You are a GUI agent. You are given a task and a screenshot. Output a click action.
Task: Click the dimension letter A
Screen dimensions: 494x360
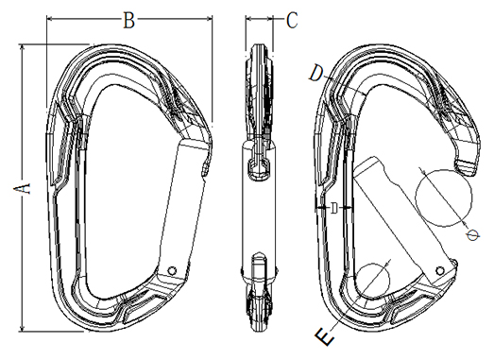[x=22, y=188]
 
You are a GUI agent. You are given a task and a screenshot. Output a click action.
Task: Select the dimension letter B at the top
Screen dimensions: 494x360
[x=128, y=21]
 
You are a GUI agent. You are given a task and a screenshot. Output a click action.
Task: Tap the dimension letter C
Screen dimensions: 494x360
[x=292, y=21]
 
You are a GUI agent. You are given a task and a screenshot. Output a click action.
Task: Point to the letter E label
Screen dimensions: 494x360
[x=325, y=336]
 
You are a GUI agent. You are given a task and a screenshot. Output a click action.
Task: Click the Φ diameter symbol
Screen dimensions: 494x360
[x=473, y=235]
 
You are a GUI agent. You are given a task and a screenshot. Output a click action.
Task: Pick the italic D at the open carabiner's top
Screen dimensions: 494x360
[x=316, y=74]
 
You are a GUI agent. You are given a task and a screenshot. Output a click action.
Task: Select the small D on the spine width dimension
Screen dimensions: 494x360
[x=334, y=208]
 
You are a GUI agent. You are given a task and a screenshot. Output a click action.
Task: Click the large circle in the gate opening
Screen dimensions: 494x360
[x=444, y=198]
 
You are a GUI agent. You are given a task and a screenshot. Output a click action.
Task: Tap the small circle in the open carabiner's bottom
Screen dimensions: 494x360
[x=372, y=280]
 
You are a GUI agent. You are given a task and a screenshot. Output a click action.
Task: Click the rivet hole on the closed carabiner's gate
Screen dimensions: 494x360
[x=172, y=270]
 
